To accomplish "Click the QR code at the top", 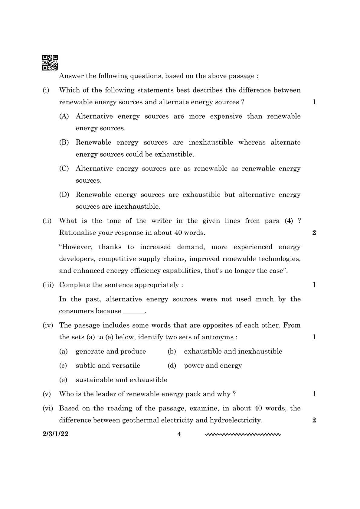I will click(x=50, y=62).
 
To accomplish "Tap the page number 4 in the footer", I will click(x=179, y=434).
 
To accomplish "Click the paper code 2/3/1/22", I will click(x=55, y=434).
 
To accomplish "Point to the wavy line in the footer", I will click(x=243, y=435).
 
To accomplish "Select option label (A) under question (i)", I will click(x=64, y=116).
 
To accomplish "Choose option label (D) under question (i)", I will click(x=64, y=195).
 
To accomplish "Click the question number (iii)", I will click(x=48, y=285).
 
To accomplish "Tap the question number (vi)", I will click(x=47, y=408).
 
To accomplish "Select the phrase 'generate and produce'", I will click(x=111, y=351).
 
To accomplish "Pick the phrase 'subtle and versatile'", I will click(x=108, y=366).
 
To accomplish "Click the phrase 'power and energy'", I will click(x=213, y=366).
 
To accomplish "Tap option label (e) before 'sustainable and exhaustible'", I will click(x=63, y=380).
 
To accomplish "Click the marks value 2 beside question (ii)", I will click(x=314, y=233).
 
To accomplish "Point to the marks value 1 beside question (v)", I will click(x=314, y=394).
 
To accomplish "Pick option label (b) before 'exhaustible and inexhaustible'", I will click(x=172, y=351).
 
